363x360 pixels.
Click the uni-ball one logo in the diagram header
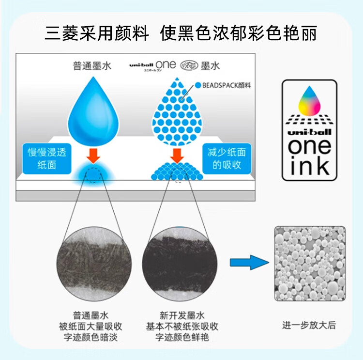click(152, 65)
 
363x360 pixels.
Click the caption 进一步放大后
click(309, 326)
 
